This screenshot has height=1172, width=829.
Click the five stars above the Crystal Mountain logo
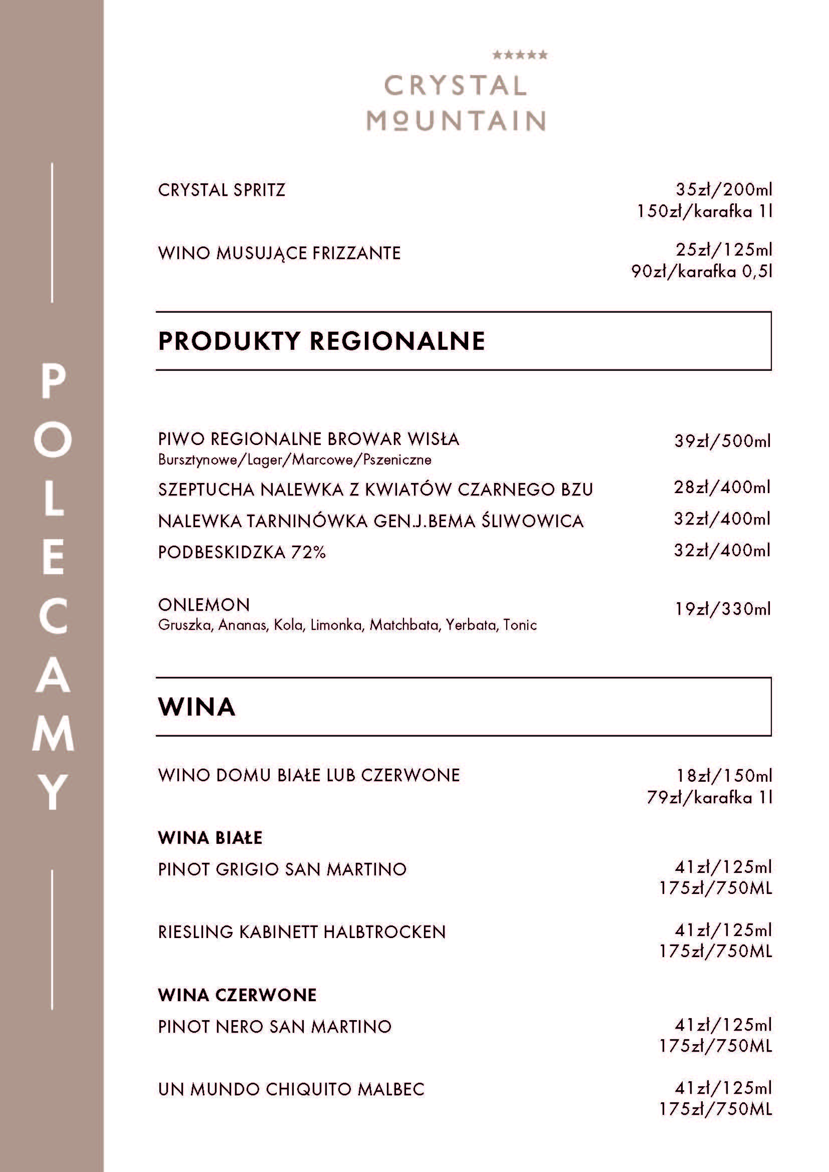pos(519,55)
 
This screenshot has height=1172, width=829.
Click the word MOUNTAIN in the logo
pos(456,121)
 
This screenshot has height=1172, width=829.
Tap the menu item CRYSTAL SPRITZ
pos(222,190)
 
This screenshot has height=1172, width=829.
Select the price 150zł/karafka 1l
pos(704,211)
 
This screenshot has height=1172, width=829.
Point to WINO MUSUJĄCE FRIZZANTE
pos(279,253)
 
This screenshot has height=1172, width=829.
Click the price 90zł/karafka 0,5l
pos(701,271)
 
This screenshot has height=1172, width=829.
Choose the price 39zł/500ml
pos(722,440)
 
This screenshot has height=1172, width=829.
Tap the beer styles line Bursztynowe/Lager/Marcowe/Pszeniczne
pos(295,460)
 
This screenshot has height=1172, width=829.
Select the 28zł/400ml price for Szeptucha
pos(722,487)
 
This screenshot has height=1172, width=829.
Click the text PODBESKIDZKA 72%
pos(242,552)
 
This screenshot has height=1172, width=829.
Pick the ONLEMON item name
pos(203,604)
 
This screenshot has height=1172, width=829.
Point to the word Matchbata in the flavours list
pos(404,625)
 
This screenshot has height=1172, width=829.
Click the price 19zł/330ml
pos(722,608)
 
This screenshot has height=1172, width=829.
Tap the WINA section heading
pos(196,707)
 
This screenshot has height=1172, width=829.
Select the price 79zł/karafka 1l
pos(709,797)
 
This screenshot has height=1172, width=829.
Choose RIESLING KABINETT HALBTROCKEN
pos(302,932)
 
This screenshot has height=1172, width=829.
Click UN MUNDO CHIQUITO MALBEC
pos(291,1089)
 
